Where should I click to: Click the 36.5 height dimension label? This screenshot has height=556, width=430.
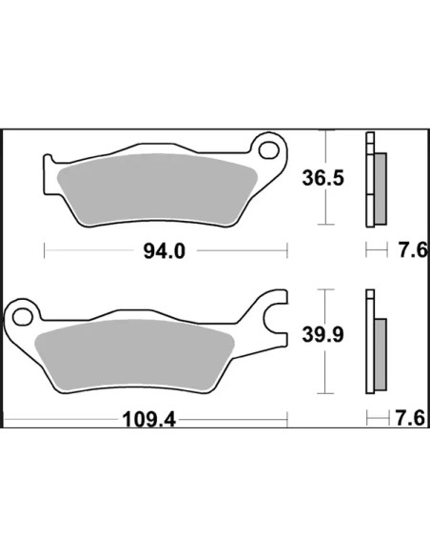[322, 178]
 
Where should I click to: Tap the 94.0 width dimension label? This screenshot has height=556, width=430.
[165, 251]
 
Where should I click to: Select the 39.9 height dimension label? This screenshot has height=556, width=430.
[322, 334]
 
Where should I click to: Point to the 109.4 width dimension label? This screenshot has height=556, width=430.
[148, 420]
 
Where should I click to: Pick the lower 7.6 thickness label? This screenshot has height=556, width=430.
[411, 418]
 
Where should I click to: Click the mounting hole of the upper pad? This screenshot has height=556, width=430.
[269, 150]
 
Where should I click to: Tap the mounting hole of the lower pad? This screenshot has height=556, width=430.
[23, 317]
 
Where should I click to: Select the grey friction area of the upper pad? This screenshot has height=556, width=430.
[158, 189]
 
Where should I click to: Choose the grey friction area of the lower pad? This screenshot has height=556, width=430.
[134, 356]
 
